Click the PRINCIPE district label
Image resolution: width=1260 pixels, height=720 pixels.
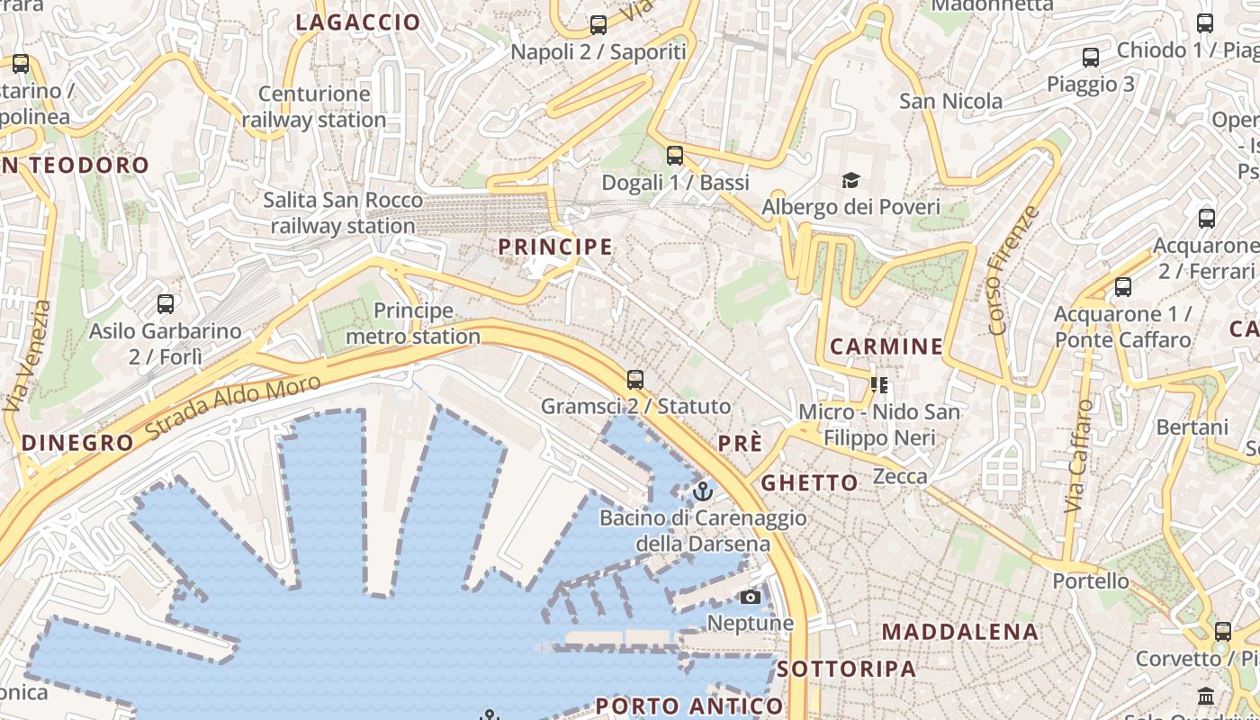click(555, 247)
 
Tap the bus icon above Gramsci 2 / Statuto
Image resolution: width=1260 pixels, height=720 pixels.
click(635, 380)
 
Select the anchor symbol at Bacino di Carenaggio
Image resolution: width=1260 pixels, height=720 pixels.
click(703, 491)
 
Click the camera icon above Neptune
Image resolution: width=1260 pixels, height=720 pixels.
click(750, 597)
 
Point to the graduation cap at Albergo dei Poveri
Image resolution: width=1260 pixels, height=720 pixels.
click(850, 181)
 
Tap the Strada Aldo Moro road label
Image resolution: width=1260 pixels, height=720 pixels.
click(233, 408)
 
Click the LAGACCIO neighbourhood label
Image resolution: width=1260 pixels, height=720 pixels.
click(358, 22)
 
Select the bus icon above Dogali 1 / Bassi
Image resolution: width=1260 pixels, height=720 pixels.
click(675, 156)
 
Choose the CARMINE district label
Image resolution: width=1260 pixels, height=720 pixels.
click(886, 346)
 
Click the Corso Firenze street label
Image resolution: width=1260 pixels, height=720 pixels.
click(1013, 271)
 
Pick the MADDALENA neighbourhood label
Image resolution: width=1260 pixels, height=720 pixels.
click(960, 632)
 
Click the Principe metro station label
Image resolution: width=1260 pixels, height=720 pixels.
click(413, 324)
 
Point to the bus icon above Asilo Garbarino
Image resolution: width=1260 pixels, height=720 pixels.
click(166, 304)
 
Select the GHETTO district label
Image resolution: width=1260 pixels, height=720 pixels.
click(810, 482)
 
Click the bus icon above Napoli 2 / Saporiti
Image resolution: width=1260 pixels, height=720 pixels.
click(598, 25)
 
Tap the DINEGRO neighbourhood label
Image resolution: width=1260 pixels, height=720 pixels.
click(77, 443)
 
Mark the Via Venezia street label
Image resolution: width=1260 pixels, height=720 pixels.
click(28, 356)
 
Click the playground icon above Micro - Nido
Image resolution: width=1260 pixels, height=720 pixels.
click(879, 386)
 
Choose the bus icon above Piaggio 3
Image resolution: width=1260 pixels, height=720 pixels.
click(1091, 58)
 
